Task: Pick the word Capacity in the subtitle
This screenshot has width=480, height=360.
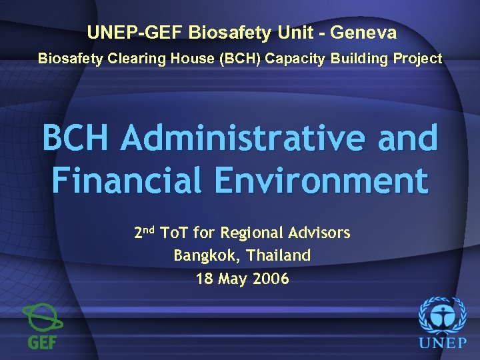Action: (293, 59)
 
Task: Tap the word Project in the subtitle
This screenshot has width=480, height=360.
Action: (417, 59)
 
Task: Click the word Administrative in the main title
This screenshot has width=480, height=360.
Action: (243, 138)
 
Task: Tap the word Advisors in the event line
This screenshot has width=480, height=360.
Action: (319, 233)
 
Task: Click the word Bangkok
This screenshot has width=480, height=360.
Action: (203, 255)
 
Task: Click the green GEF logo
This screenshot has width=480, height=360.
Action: (42, 326)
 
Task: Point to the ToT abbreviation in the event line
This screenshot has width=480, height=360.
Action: (176, 233)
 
